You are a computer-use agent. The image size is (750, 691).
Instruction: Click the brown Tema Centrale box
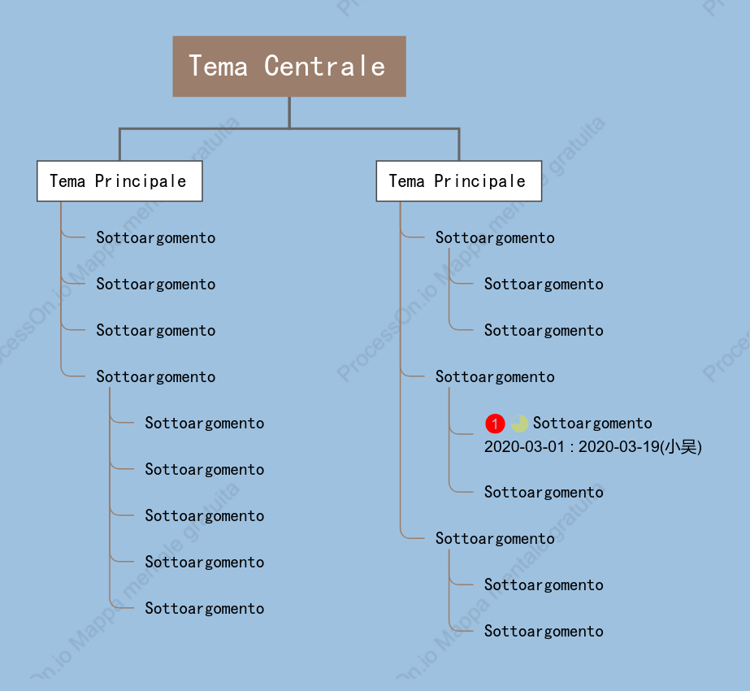(289, 66)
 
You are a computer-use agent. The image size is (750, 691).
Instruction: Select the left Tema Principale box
(119, 181)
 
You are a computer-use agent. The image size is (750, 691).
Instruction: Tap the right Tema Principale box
(459, 181)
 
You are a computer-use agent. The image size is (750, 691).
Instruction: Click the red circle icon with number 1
(495, 424)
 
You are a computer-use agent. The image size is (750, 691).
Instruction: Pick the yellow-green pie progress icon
(519, 424)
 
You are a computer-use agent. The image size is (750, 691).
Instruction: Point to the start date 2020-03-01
(524, 447)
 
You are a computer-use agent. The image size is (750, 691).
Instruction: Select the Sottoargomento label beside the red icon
(592, 423)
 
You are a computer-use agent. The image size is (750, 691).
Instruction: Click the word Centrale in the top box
(325, 66)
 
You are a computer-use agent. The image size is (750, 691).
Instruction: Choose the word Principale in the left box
(141, 181)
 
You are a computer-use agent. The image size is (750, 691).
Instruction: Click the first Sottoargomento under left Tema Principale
(156, 238)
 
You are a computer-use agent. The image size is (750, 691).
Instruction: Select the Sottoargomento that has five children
(156, 376)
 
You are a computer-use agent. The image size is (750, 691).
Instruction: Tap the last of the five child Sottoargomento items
(205, 608)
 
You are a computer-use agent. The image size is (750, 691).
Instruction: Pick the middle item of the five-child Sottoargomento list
(205, 516)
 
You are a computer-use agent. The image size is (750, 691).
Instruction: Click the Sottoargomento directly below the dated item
(544, 492)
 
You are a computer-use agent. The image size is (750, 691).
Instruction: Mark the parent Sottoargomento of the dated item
(495, 376)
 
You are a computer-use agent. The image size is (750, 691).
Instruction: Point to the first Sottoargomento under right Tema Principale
(495, 238)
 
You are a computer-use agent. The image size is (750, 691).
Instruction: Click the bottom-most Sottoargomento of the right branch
(544, 631)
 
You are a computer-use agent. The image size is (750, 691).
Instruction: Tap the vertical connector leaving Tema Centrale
(289, 112)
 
